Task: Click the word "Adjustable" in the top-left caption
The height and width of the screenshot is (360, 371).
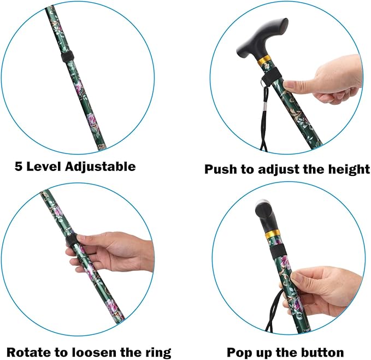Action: click(x=102, y=166)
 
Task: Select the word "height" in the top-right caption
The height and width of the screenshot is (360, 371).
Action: click(x=347, y=169)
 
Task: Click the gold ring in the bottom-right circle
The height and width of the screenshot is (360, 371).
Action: click(x=273, y=235)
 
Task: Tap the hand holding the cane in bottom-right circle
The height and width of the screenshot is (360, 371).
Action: click(x=328, y=290)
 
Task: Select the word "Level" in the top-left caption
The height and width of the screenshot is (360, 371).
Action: click(x=46, y=166)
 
